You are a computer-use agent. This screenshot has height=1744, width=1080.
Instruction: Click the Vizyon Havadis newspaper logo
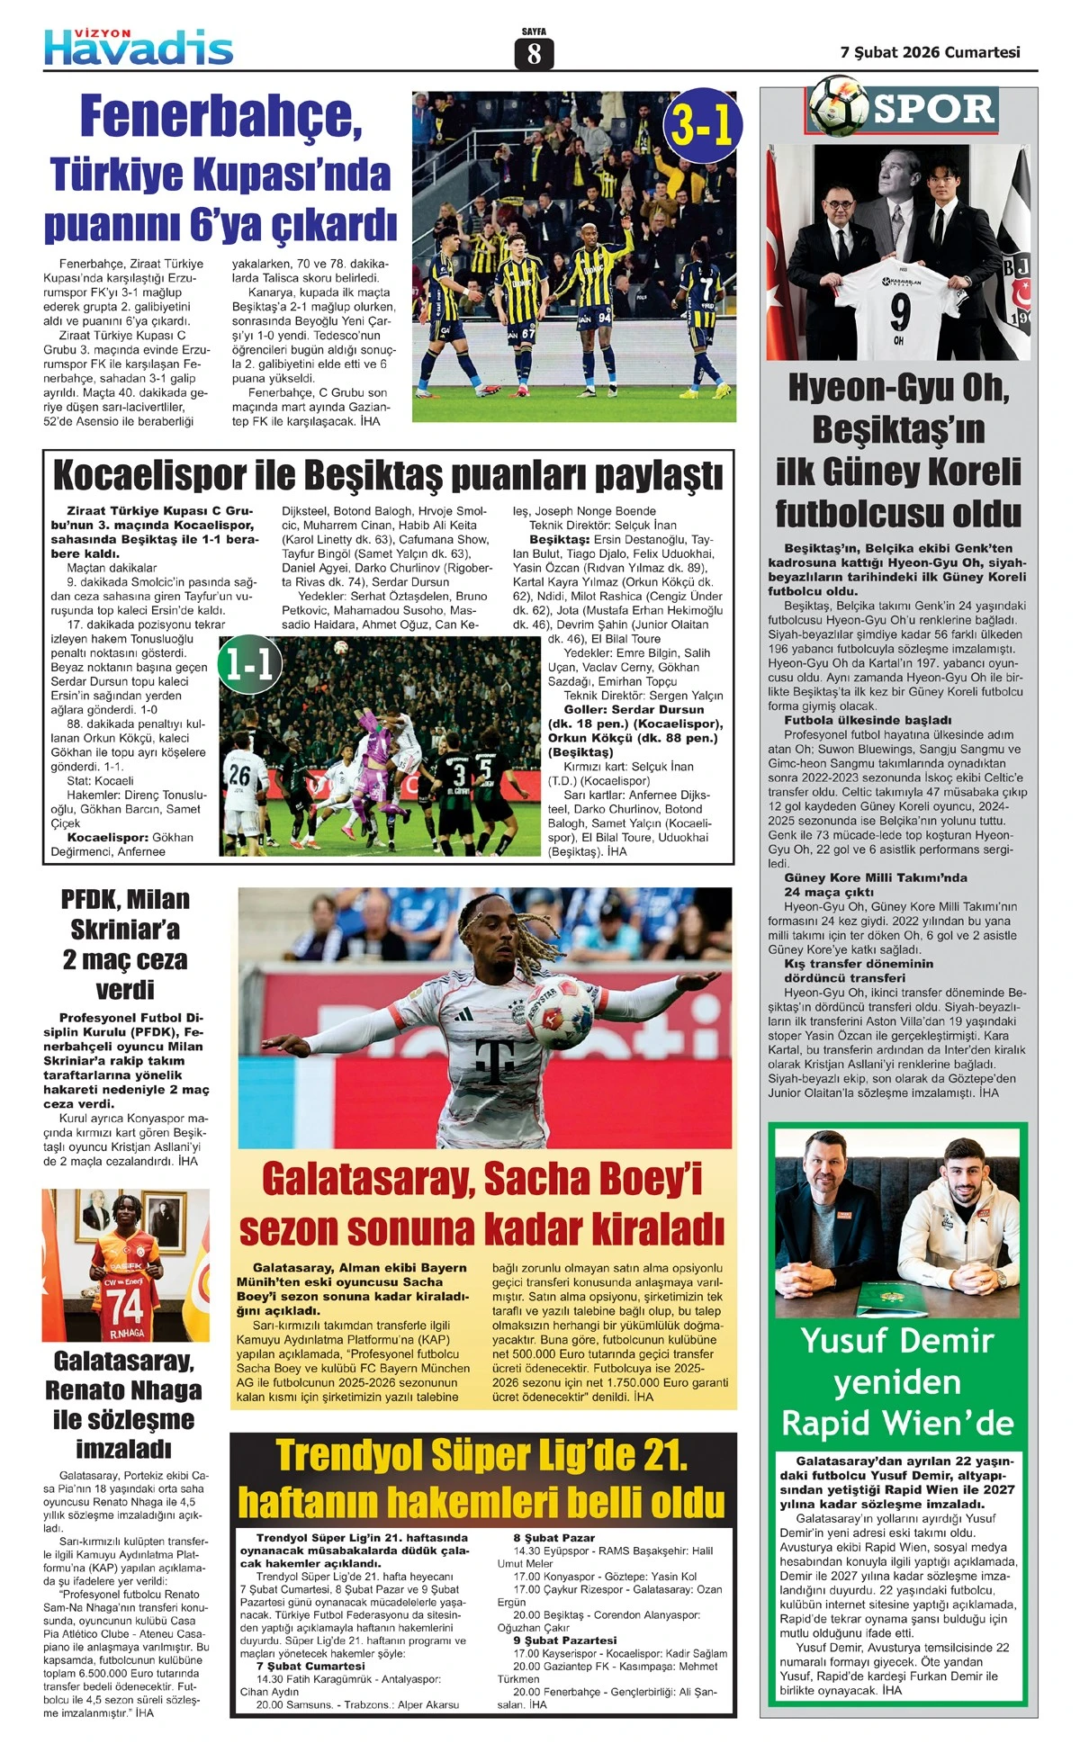139,47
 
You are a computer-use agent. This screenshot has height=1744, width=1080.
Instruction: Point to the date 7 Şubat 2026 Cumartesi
930,52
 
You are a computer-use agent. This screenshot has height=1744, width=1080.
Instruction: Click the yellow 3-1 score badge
703,130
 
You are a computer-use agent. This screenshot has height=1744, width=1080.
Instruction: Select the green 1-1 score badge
249,665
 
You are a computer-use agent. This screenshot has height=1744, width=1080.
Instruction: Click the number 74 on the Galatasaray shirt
125,1304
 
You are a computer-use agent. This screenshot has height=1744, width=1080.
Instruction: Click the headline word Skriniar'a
125,929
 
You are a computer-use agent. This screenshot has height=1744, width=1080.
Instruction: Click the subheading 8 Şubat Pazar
554,1538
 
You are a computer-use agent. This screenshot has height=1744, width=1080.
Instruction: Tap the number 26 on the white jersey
238,773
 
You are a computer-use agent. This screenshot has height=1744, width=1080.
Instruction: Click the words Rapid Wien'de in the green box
897,1423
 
